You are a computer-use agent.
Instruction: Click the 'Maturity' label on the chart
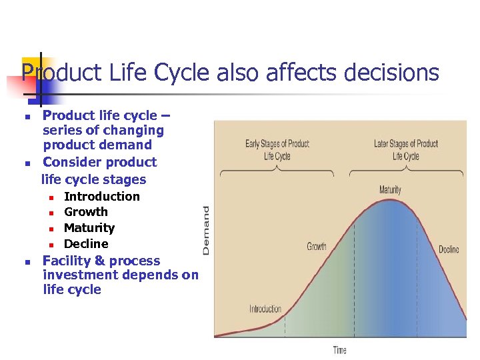click(x=390, y=190)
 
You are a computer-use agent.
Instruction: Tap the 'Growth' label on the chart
click(x=317, y=247)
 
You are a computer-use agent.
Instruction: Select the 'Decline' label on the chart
click(x=449, y=250)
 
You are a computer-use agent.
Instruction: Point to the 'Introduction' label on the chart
click(x=265, y=309)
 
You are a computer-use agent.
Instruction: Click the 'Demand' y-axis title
click(x=206, y=230)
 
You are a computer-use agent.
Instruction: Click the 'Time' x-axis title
click(x=340, y=350)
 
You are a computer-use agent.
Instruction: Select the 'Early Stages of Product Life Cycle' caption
click(x=277, y=150)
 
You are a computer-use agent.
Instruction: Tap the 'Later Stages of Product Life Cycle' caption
click(x=406, y=150)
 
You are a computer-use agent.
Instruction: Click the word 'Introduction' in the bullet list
click(x=102, y=196)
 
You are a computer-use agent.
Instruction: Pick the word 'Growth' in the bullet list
click(x=86, y=212)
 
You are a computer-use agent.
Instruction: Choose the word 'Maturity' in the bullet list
click(x=89, y=228)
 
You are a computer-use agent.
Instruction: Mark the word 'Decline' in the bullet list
click(x=86, y=244)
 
